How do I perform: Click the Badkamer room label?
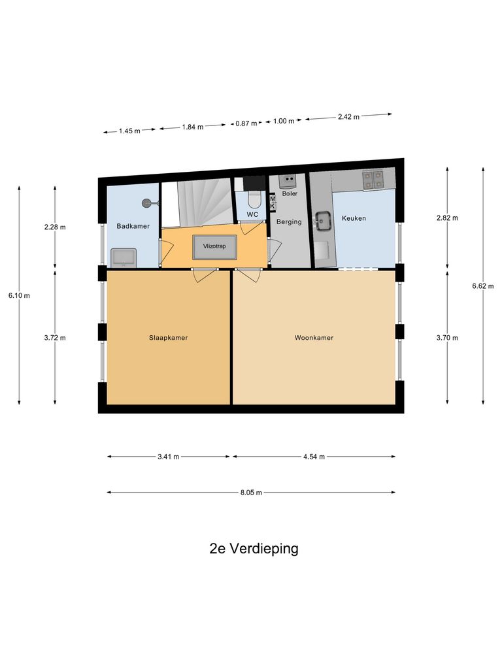pyautogui.click(x=133, y=226)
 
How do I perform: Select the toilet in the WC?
pyautogui.click(x=254, y=199)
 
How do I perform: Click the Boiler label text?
pyautogui.click(x=289, y=193)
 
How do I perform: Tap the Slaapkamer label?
pyautogui.click(x=169, y=338)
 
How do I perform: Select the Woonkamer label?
pyautogui.click(x=314, y=338)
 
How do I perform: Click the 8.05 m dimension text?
pyautogui.click(x=250, y=493)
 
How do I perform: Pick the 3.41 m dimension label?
pyautogui.click(x=168, y=457)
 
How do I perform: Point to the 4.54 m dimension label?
pyautogui.click(x=314, y=457)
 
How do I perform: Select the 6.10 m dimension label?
pyautogui.click(x=19, y=295)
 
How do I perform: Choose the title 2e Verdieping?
pyautogui.click(x=254, y=549)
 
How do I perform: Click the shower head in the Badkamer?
pyautogui.click(x=148, y=203)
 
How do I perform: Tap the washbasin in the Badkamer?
pyautogui.click(x=123, y=257)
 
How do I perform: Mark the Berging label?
pyautogui.click(x=289, y=222)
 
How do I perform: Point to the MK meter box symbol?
pyautogui.click(x=273, y=203)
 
